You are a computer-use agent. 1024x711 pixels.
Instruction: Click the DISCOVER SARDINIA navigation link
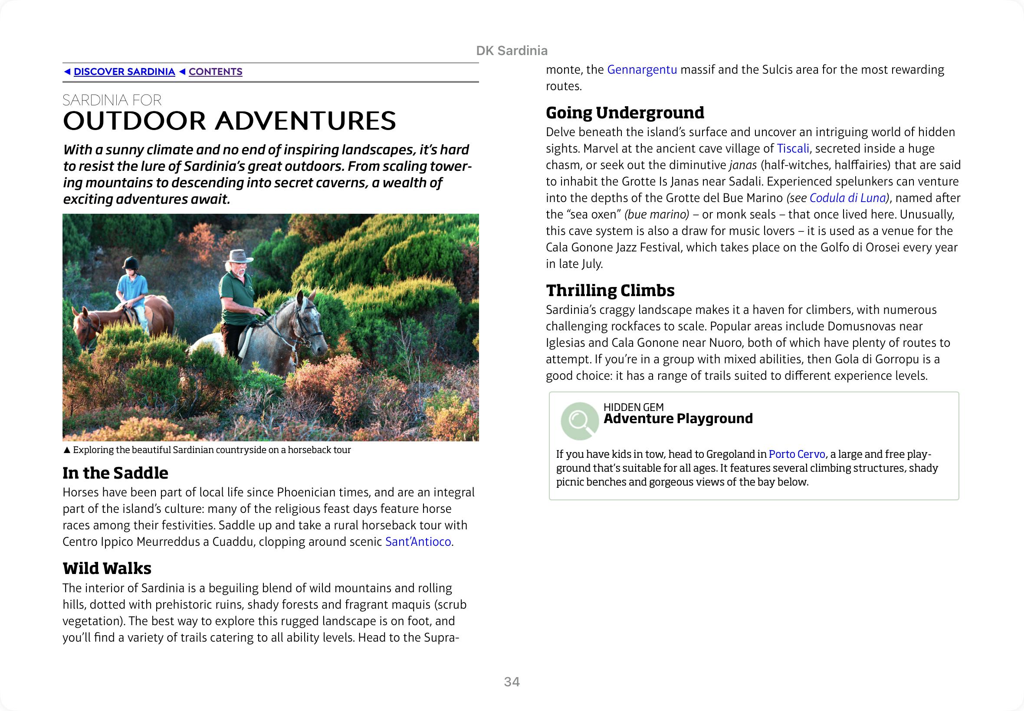pos(124,72)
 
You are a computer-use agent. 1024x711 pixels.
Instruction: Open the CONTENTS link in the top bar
pos(215,72)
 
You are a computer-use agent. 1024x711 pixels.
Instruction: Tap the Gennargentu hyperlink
pos(641,69)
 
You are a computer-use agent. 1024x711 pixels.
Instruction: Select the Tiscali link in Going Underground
pos(793,148)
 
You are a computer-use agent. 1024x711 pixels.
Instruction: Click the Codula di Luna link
pos(847,198)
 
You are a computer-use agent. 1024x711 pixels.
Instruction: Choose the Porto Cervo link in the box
pos(797,454)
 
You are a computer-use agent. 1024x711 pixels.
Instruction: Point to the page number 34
pos(511,682)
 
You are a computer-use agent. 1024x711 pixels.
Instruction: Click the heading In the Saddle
pos(115,473)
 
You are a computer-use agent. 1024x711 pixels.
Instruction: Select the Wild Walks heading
pos(107,568)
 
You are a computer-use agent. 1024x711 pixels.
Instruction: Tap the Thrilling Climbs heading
pos(610,290)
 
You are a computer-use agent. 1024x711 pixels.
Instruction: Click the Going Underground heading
pos(624,113)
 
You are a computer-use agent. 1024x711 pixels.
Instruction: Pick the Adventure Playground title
pos(678,418)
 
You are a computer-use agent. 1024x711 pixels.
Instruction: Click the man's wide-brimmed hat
pos(239,257)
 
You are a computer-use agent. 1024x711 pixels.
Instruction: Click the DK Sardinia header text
pos(511,51)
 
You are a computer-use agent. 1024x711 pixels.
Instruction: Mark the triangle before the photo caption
pos(67,450)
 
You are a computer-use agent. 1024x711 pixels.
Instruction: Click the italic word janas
pos(743,165)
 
